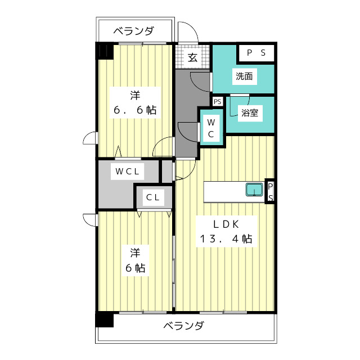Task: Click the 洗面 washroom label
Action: [244, 76]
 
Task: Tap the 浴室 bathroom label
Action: [250, 112]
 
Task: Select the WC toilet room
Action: [211, 128]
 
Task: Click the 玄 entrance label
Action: [192, 57]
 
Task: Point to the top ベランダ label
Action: [133, 31]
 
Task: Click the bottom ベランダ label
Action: [184, 326]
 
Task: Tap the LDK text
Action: [224, 224]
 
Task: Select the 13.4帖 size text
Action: [224, 238]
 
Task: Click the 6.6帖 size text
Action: [135, 110]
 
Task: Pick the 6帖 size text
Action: [135, 268]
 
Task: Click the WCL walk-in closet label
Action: [128, 171]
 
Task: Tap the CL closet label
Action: [152, 197]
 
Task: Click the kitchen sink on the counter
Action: [254, 190]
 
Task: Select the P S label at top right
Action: [257, 53]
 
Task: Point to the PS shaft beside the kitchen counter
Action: [270, 192]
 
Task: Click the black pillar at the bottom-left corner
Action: [105, 319]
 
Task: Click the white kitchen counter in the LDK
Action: [225, 191]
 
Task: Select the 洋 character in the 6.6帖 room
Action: [135, 93]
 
